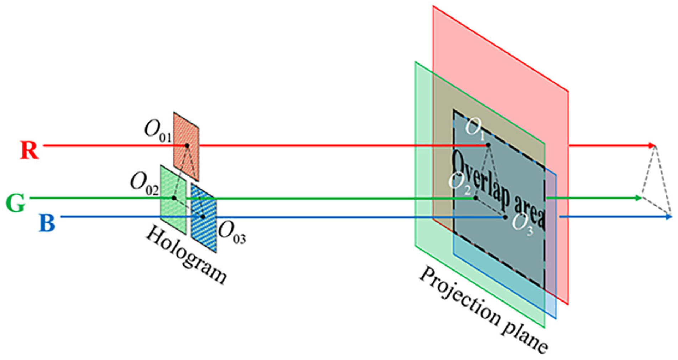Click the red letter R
pos(30,150)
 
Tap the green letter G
pos(16,204)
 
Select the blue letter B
pos(47,223)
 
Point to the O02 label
pos(144,184)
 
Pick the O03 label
pos(232,232)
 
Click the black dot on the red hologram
pos(187,145)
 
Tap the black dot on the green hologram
pos(174,198)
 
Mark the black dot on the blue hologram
pos(203,217)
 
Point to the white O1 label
pos(475,128)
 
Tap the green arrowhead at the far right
pos(639,198)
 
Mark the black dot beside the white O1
pos(488,145)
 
